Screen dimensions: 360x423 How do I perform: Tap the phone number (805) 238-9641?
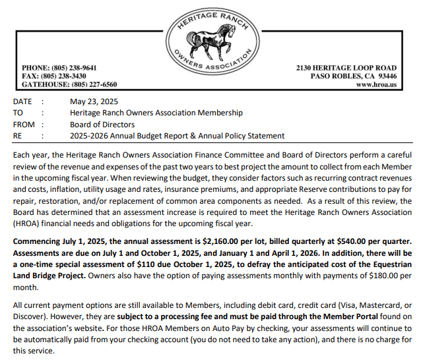coord(74,68)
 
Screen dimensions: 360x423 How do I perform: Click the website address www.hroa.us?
coord(376,85)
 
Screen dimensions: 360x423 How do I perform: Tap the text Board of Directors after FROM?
coord(102,124)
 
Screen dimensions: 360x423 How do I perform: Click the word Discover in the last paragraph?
coord(30,318)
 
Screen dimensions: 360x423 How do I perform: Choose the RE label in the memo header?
coord(18,135)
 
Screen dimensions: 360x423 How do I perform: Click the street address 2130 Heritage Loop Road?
coord(346,68)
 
